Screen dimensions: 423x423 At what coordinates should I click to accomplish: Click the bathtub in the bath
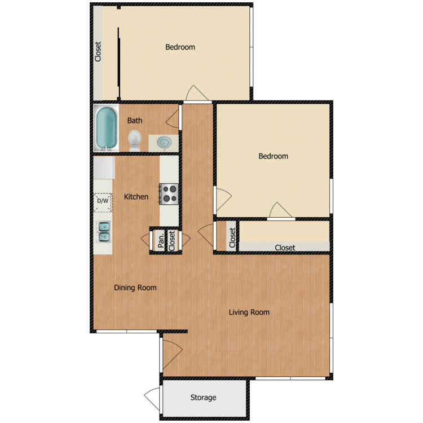click(106, 128)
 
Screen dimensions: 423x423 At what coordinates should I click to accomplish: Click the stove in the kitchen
click(170, 194)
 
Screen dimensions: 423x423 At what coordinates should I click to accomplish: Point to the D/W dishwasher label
click(103, 201)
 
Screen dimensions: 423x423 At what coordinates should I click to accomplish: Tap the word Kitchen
click(136, 197)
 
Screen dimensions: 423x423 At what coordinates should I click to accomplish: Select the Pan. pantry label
click(161, 240)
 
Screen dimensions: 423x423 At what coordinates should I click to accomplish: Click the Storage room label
click(203, 398)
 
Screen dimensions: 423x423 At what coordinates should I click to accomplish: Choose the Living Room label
click(249, 312)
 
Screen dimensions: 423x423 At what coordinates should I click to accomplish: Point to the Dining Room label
click(135, 288)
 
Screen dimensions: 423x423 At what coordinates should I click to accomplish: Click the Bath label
click(135, 121)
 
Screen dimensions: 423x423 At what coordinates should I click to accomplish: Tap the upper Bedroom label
click(180, 47)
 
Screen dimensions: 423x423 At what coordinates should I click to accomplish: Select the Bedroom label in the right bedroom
click(273, 156)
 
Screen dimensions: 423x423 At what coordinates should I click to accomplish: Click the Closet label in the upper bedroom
click(98, 52)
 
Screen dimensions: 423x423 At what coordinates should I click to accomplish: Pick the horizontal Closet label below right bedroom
click(285, 248)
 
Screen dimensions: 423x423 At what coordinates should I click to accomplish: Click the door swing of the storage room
click(152, 398)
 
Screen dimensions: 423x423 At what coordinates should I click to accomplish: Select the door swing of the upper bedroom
click(195, 94)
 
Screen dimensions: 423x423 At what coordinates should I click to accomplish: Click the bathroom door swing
click(175, 117)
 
